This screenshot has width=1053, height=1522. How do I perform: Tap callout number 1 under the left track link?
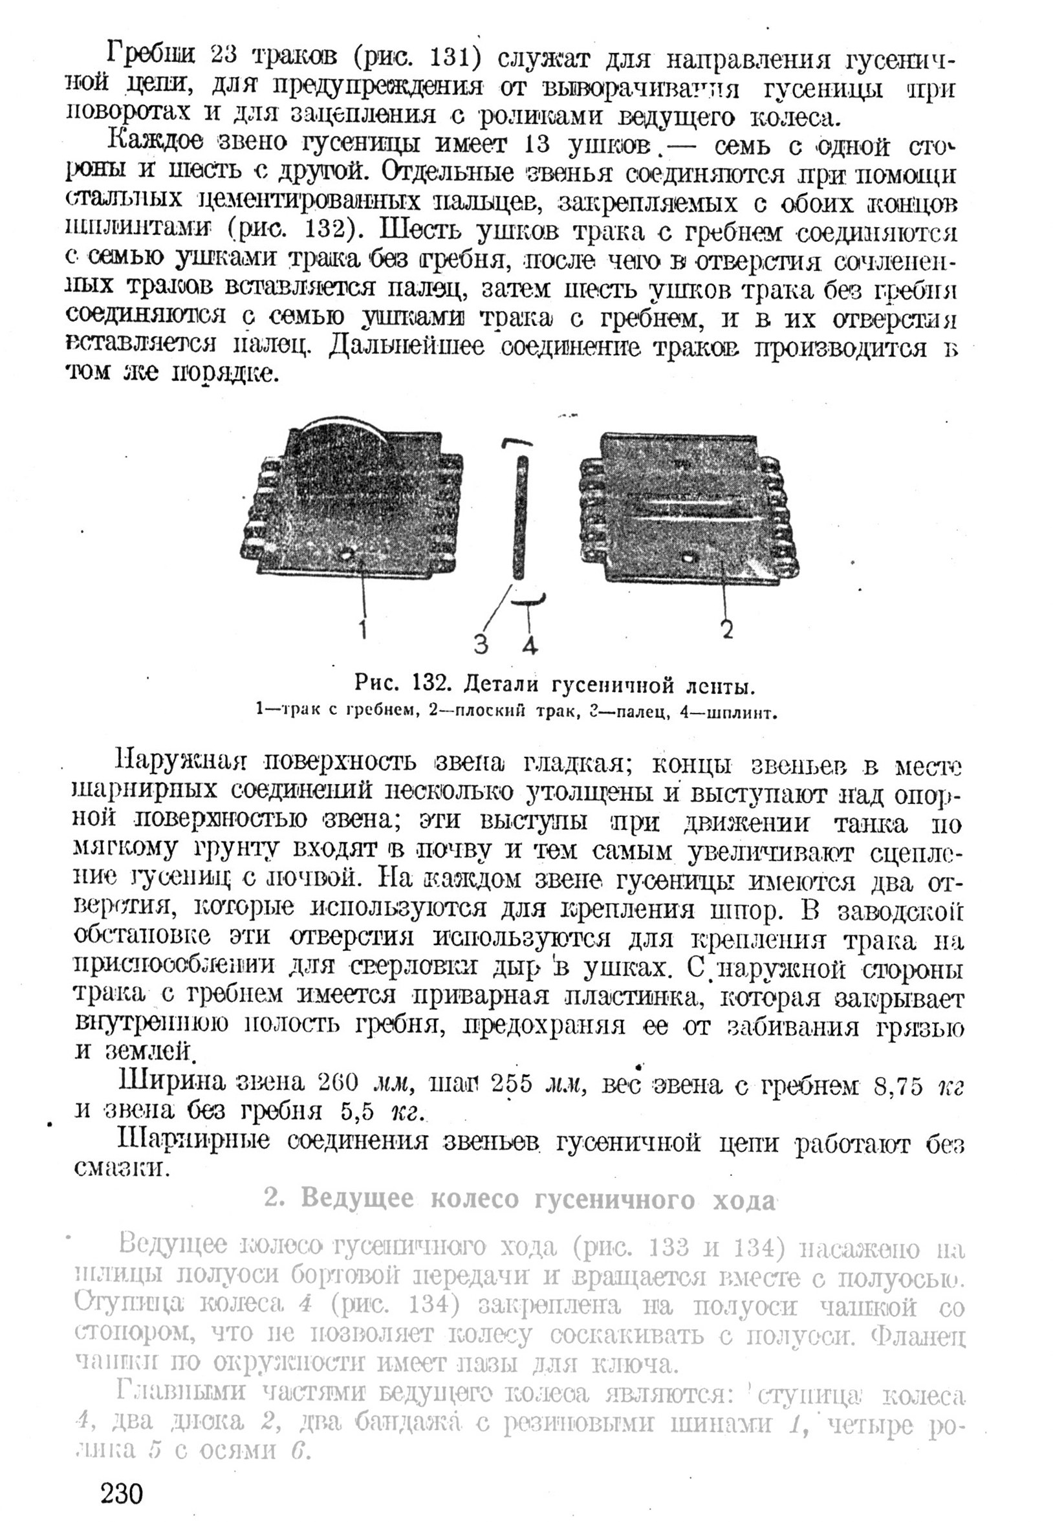[x=364, y=629]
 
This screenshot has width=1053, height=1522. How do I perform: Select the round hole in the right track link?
[x=689, y=558]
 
